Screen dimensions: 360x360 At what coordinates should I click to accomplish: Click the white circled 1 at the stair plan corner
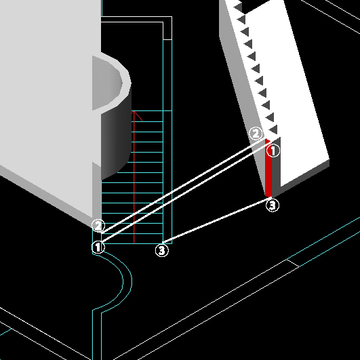(98, 247)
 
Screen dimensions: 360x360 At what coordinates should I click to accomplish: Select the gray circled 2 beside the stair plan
(98, 226)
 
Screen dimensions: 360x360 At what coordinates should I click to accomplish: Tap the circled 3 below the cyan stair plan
(162, 250)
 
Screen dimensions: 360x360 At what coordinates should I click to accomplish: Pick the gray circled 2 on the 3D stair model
(256, 134)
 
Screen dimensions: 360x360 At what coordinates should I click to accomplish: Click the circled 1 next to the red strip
(273, 151)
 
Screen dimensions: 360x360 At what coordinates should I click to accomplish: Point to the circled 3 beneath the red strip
(273, 205)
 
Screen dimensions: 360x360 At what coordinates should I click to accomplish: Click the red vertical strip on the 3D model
(268, 168)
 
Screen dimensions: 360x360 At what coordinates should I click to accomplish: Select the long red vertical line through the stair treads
(134, 177)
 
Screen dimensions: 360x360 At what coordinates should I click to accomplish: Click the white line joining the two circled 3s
(217, 220)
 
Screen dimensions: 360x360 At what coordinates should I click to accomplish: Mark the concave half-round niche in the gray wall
(108, 83)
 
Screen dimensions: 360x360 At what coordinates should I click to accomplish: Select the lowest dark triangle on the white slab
(274, 129)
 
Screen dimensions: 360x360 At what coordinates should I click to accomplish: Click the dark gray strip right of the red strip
(276, 167)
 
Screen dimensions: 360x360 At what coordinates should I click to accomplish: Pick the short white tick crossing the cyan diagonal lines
(293, 263)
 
